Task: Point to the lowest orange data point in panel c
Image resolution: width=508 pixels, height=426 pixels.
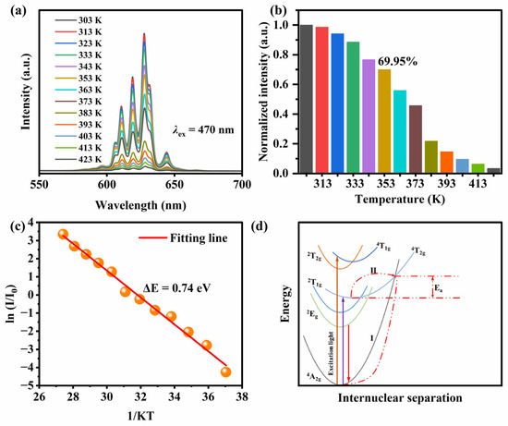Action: point(226,371)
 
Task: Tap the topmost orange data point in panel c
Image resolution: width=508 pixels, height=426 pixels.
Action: point(63,234)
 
